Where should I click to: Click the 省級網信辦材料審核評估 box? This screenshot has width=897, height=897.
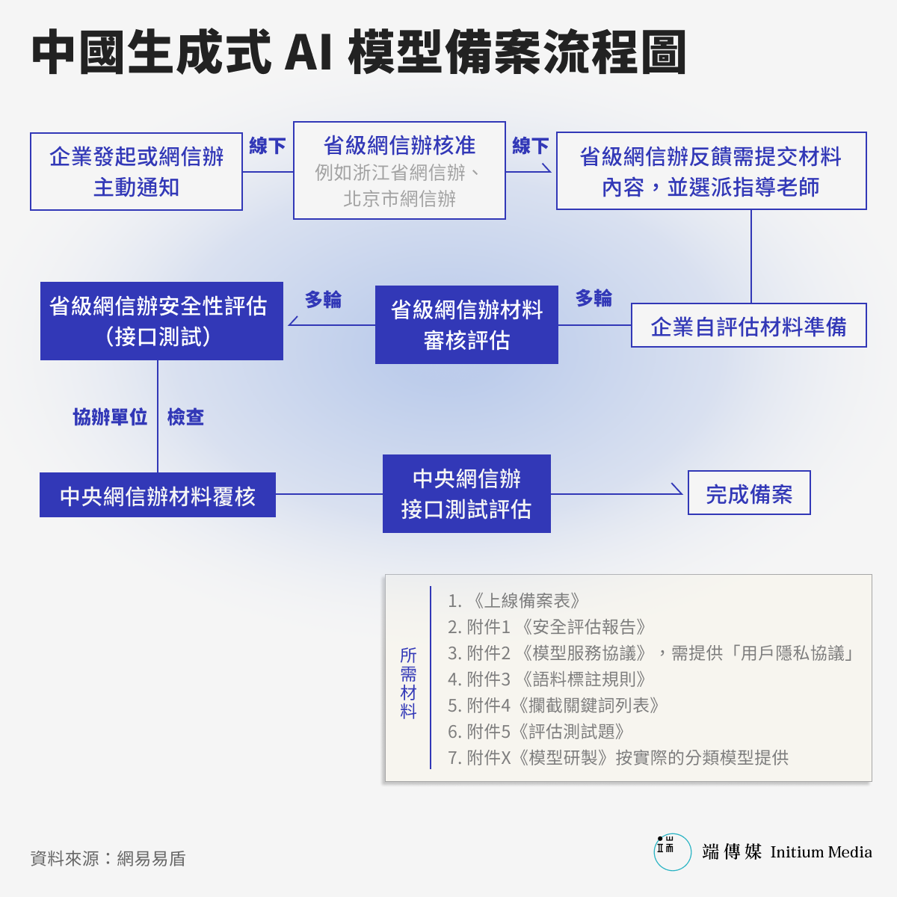click(x=466, y=324)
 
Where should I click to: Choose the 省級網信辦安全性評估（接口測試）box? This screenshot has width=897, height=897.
click(x=161, y=321)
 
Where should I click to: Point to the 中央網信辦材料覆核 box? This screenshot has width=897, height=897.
click(x=157, y=495)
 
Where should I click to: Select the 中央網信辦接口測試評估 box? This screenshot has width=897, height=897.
click(x=466, y=493)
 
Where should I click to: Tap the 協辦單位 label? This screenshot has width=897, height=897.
click(x=111, y=416)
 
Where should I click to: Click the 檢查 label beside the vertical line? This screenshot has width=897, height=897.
click(x=185, y=416)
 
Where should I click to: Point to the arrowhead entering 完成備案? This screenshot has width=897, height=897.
click(x=678, y=490)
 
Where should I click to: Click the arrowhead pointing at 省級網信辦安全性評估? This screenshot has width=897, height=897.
click(x=293, y=321)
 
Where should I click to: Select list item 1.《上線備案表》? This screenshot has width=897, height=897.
click(x=514, y=600)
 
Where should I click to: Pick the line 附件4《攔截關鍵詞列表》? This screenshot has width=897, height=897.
click(x=553, y=705)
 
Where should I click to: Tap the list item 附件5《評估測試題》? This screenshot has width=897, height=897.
click(x=536, y=731)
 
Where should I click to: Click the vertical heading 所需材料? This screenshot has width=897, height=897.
click(x=408, y=683)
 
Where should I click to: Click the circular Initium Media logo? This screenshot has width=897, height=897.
click(x=672, y=852)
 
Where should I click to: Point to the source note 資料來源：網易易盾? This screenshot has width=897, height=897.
click(x=108, y=859)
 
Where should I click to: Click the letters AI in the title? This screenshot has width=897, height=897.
click(x=308, y=52)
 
